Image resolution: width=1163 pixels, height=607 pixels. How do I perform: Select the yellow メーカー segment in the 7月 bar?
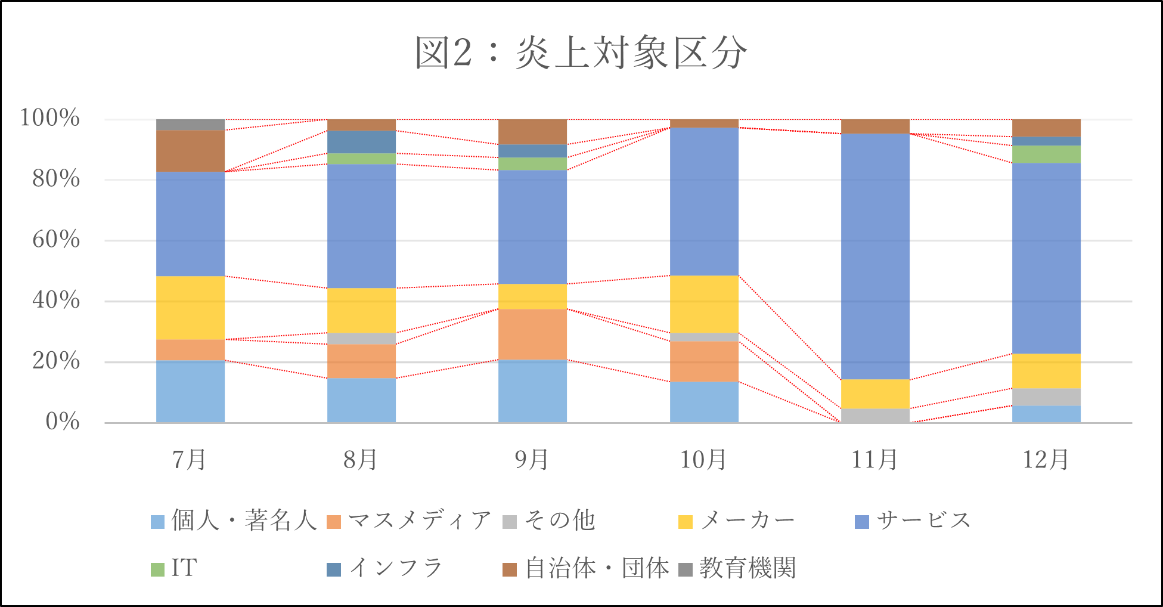pyautogui.click(x=190, y=308)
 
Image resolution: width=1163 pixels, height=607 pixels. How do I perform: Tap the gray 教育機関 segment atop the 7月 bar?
pyautogui.click(x=190, y=125)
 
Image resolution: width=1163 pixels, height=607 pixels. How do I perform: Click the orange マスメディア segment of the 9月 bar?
pyautogui.click(x=532, y=335)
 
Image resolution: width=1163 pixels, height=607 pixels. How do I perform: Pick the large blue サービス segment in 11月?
pyautogui.click(x=875, y=256)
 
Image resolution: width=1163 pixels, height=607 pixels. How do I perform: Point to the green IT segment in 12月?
pyautogui.click(x=1046, y=154)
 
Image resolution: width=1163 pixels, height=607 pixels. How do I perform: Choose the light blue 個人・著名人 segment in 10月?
pyautogui.click(x=704, y=402)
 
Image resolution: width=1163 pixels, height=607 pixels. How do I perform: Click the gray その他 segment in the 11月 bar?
pyautogui.click(x=875, y=416)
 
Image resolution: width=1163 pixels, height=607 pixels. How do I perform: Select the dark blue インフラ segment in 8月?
pyautogui.click(x=361, y=142)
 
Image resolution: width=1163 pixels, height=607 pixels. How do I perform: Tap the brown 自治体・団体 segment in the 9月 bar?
pyautogui.click(x=532, y=132)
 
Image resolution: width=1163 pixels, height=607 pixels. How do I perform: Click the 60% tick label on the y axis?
pyautogui.click(x=56, y=240)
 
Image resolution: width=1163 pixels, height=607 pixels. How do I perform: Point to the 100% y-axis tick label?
pyautogui.click(x=50, y=118)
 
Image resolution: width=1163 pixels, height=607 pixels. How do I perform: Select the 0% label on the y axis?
pyautogui.click(x=62, y=422)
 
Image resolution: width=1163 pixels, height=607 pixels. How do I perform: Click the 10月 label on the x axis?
pyautogui.click(x=703, y=460)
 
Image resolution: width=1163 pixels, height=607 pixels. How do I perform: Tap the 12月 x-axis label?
pyautogui.click(x=1046, y=460)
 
